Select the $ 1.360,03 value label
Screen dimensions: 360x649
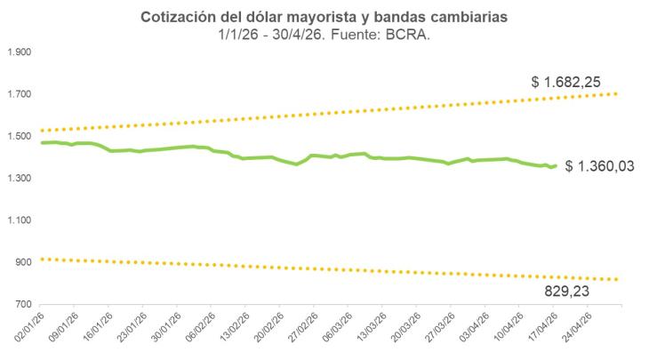click(599, 166)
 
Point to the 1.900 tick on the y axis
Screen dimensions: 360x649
click(19, 53)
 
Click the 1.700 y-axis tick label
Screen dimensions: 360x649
click(19, 95)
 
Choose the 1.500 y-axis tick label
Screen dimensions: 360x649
click(19, 137)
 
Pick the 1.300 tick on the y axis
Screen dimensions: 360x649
click(19, 179)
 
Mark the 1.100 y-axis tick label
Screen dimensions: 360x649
click(19, 220)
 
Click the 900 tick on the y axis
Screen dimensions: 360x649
click(22, 262)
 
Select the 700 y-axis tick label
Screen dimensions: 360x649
click(22, 304)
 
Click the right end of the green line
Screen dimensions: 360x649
click(556, 165)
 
